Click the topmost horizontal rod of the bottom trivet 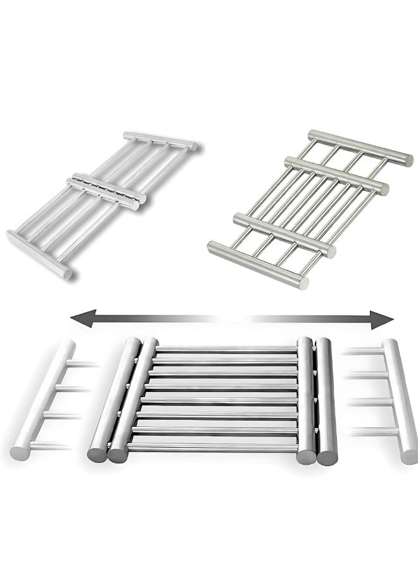tap(225, 348)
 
